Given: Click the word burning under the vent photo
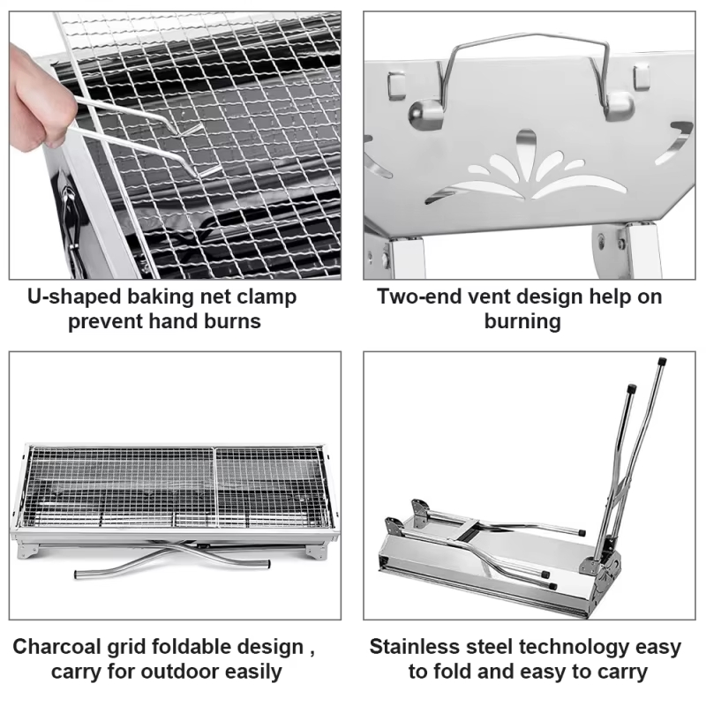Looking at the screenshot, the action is (x=522, y=322).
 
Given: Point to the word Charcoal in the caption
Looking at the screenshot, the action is (x=56, y=647).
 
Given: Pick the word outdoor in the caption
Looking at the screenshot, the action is (x=180, y=672).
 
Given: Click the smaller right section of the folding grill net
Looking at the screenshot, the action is (x=269, y=487).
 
